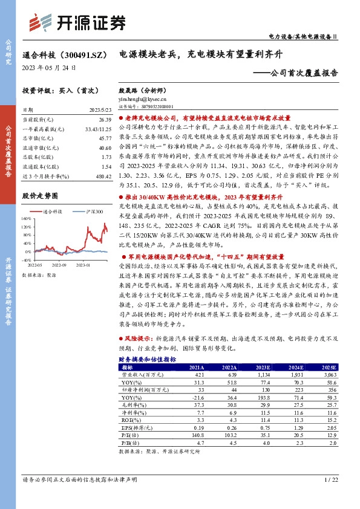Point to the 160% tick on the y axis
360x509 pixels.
(x=27, y=218)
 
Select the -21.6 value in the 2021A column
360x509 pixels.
(x=180, y=396)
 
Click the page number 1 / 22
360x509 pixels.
(x=330, y=480)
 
